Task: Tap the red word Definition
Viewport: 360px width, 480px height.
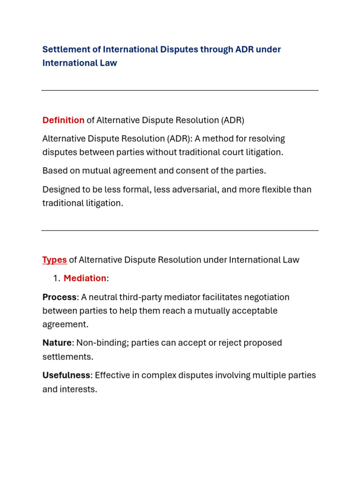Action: click(63, 120)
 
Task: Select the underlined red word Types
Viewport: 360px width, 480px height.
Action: click(54, 260)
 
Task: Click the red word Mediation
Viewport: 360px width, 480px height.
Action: click(85, 278)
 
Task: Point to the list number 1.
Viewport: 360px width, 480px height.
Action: click(56, 278)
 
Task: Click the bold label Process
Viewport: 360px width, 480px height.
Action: click(59, 297)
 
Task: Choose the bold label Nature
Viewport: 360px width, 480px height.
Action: click(57, 343)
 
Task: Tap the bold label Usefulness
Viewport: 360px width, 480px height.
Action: click(66, 375)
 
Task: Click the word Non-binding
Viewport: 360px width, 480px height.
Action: click(102, 343)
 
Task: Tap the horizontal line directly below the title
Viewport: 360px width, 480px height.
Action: click(180, 90)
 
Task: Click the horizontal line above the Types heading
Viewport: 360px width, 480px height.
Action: click(180, 231)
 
